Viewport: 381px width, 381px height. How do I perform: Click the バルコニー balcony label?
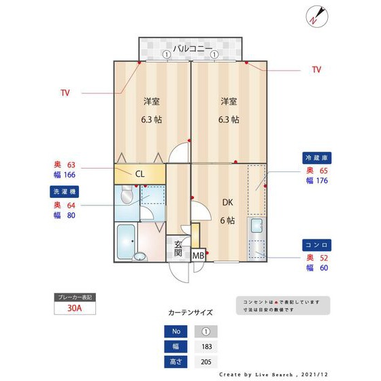(x=193, y=48)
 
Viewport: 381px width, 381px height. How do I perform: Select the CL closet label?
(x=139, y=174)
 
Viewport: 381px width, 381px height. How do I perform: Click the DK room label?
(x=227, y=201)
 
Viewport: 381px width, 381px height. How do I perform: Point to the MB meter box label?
(x=198, y=256)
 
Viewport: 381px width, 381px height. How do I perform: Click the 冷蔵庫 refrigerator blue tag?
(x=316, y=157)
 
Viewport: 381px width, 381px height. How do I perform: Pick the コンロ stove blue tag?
(x=316, y=244)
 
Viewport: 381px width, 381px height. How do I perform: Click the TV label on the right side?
(x=316, y=69)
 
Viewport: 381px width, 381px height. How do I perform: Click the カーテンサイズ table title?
(x=190, y=313)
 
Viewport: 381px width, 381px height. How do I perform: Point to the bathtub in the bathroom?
(x=126, y=241)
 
